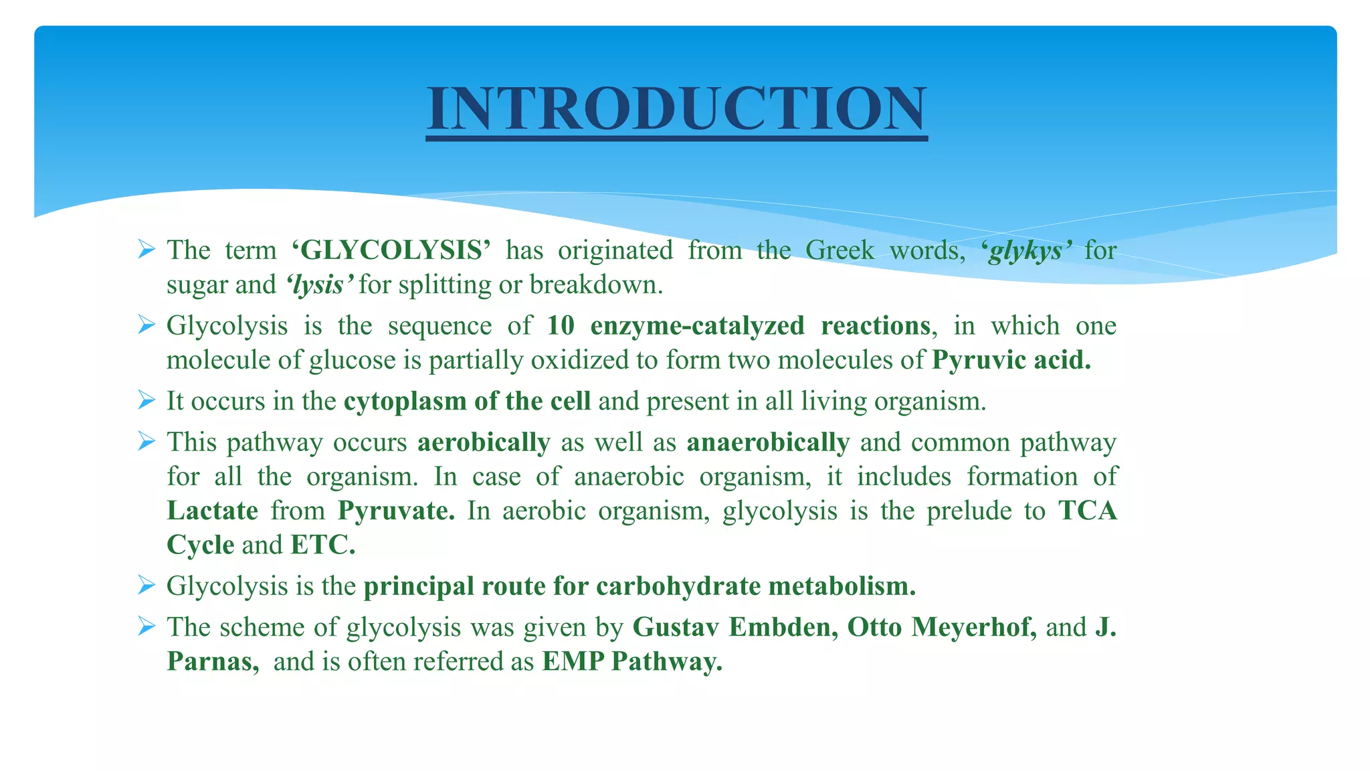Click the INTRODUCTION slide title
[x=676, y=108]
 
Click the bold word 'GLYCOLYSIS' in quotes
[x=391, y=250]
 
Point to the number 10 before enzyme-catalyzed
[x=561, y=326]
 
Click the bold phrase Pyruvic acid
[x=1011, y=360]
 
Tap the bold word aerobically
[x=484, y=442]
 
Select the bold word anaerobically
[x=768, y=442]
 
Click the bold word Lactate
[x=212, y=511]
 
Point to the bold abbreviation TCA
[x=1087, y=511]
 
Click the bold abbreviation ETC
[x=322, y=545]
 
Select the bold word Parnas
[x=212, y=662]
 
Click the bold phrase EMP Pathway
[x=632, y=662]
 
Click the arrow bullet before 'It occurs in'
[x=146, y=400]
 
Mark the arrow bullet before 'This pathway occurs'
[x=146, y=441]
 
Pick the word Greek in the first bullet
[x=839, y=250]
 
